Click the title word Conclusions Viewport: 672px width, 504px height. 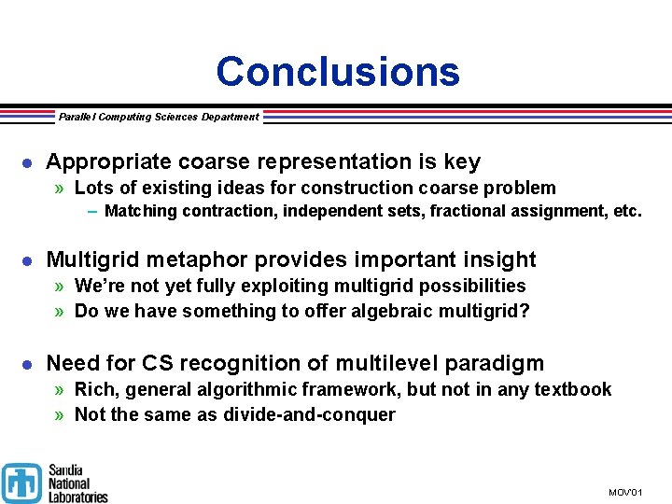[338, 72]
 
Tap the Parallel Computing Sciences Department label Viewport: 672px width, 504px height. [159, 117]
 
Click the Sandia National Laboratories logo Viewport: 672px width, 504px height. [55, 483]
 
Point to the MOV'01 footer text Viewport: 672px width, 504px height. [625, 492]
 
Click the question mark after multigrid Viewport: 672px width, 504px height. [525, 311]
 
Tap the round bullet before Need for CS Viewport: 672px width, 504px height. [28, 364]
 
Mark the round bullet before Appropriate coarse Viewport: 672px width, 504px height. [28, 163]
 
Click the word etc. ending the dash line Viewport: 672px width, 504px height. [628, 211]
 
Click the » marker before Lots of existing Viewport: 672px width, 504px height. [60, 189]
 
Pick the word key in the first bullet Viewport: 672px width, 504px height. [462, 162]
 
